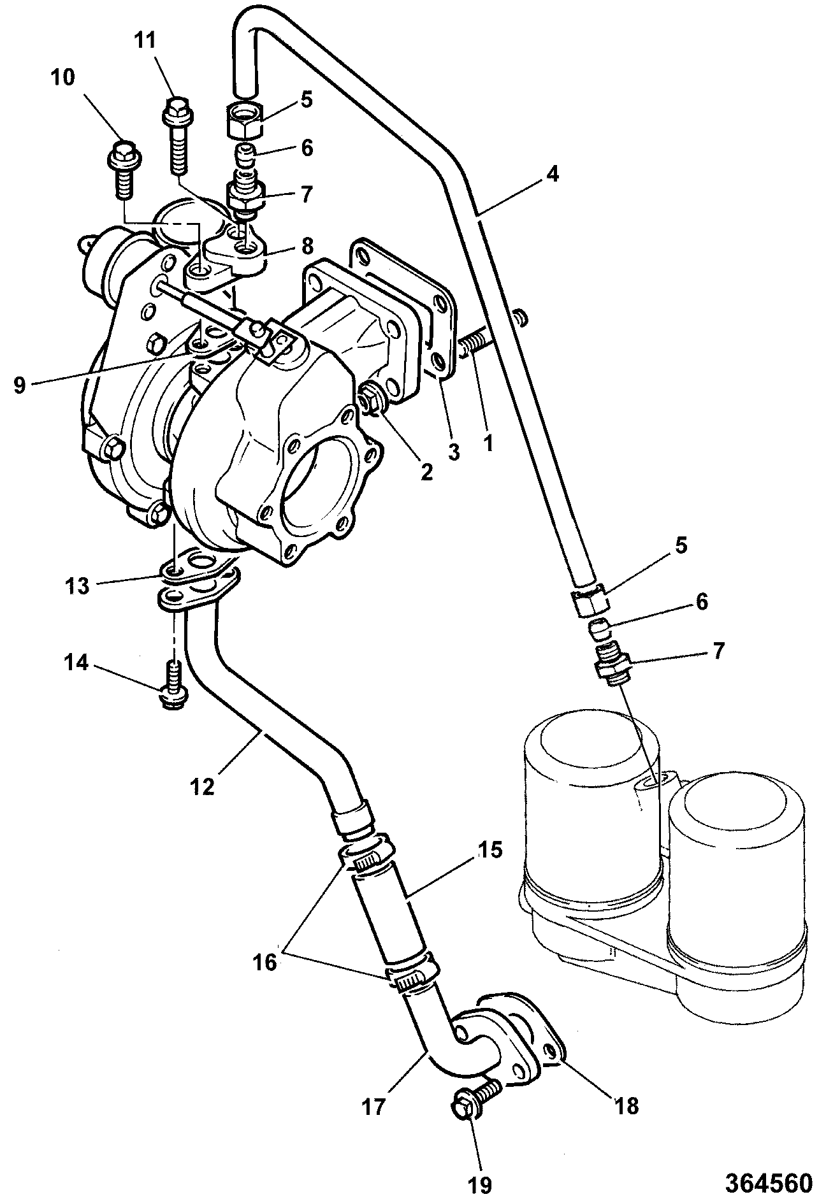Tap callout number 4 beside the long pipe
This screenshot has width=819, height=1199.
pyautogui.click(x=552, y=174)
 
